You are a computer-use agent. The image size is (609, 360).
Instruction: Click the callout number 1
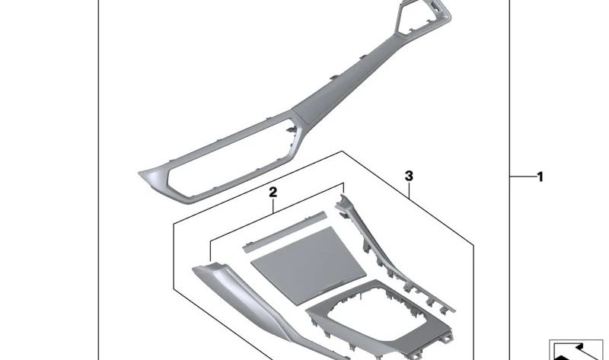540,177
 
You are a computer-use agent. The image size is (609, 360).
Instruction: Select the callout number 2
273,193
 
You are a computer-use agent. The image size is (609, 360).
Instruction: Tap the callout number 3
409,176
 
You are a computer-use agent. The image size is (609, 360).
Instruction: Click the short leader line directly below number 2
273,205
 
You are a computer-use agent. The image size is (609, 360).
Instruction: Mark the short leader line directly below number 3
410,190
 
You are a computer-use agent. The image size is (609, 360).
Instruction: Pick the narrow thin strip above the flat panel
285,232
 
